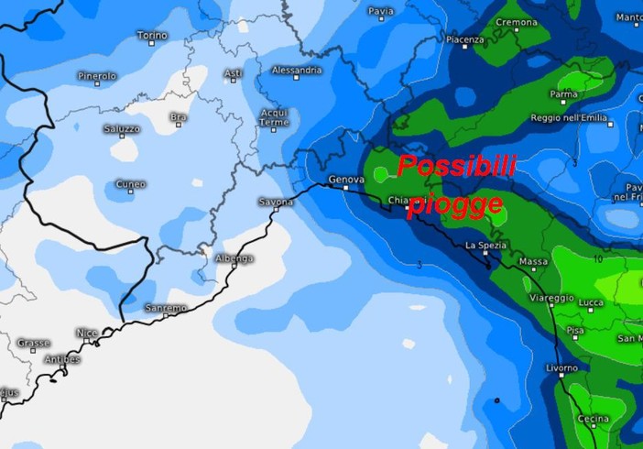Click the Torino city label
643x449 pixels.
[152, 36]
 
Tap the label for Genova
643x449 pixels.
[345, 180]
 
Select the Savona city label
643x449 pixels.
[275, 201]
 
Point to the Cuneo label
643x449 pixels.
[130, 184]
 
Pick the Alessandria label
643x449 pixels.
[297, 70]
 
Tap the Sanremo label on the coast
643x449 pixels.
[165, 308]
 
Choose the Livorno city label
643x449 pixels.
[560, 368]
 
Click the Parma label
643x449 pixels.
[562, 93]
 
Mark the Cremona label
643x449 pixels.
[517, 22]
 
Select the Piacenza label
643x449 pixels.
[464, 40]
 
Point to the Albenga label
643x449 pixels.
[234, 258]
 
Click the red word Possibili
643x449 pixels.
[457, 167]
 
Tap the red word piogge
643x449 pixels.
[456, 203]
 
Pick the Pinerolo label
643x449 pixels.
[96, 76]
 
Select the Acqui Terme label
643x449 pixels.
[274, 117]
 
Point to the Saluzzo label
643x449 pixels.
[121, 129]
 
